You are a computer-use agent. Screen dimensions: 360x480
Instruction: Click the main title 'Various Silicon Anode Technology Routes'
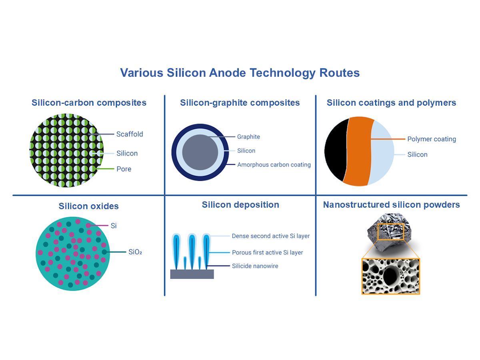click(x=240, y=73)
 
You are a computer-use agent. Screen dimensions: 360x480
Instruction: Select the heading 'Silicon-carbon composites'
click(x=89, y=103)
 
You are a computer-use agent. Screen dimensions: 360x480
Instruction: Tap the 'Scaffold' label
click(x=130, y=134)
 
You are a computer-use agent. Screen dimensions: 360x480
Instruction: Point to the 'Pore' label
click(x=124, y=169)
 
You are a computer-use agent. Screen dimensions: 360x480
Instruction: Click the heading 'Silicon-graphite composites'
click(x=240, y=103)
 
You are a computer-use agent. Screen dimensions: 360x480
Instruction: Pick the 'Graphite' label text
click(x=248, y=137)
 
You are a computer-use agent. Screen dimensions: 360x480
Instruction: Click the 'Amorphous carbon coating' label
click(x=274, y=164)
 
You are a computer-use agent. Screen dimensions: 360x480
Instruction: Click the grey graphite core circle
click(x=200, y=152)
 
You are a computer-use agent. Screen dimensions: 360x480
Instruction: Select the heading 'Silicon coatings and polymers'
click(x=391, y=103)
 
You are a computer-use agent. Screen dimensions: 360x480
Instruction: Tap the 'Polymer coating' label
click(x=432, y=139)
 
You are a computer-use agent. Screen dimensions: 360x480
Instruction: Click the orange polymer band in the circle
click(x=358, y=152)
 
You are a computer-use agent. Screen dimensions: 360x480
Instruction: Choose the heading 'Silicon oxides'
click(x=89, y=206)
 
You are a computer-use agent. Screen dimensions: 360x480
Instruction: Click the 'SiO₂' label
click(x=136, y=252)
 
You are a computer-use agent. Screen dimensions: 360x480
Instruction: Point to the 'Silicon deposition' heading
click(x=240, y=205)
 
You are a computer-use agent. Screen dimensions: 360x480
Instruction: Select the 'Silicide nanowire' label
click(x=255, y=266)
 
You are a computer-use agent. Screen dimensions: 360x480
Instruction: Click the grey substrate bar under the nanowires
click(x=192, y=274)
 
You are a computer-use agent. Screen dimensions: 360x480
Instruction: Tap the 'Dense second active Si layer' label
click(x=271, y=236)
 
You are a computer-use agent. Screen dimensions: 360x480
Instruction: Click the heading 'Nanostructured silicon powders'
click(x=391, y=205)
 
